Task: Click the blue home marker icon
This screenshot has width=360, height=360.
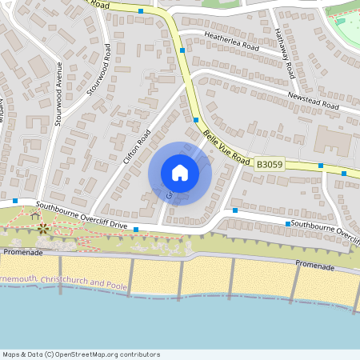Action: click(x=180, y=173)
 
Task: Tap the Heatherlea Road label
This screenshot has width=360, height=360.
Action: click(x=233, y=42)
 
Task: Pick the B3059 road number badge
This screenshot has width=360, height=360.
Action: click(x=270, y=164)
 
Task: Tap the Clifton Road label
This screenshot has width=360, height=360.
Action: click(x=137, y=146)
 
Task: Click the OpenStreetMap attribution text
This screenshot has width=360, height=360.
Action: click(x=80, y=354)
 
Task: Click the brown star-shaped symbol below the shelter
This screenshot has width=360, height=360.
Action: click(x=42, y=230)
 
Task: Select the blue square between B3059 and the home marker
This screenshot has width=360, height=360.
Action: click(x=196, y=120)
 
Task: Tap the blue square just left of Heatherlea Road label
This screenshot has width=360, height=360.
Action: click(x=183, y=50)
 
